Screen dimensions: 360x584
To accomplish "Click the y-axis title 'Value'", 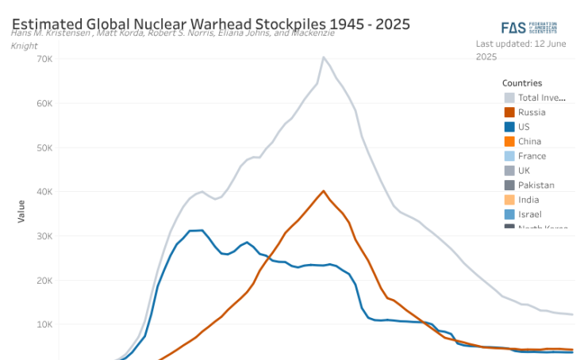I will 21,210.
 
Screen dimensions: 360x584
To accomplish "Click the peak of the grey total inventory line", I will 323,57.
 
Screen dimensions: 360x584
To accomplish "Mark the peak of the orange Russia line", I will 323,190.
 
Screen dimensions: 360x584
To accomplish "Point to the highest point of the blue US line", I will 202,230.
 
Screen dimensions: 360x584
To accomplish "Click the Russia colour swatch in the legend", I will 509,112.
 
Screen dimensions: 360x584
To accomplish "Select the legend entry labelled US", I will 524,127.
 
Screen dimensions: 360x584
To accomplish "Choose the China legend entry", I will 529,141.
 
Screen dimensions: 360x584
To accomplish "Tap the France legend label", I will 532,156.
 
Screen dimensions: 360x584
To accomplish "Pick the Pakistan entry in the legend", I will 536,186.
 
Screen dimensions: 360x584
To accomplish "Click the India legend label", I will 528,200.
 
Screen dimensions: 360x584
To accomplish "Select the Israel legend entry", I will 529,215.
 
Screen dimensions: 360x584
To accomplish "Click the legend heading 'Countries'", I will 522,82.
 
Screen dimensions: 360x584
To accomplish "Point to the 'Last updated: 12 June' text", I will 520,44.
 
